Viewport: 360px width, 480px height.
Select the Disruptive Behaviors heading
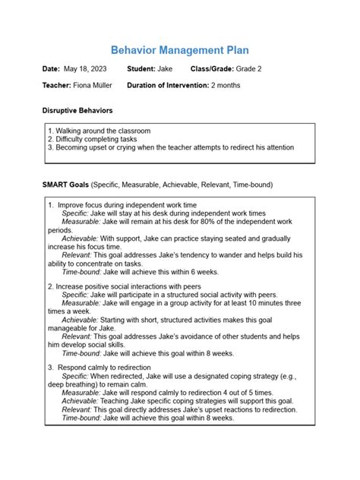point(77,111)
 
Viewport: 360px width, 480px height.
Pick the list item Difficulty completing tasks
point(96,139)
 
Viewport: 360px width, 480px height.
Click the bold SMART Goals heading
point(66,185)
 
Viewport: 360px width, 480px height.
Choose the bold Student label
point(142,69)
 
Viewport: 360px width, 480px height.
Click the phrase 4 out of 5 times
point(245,391)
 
